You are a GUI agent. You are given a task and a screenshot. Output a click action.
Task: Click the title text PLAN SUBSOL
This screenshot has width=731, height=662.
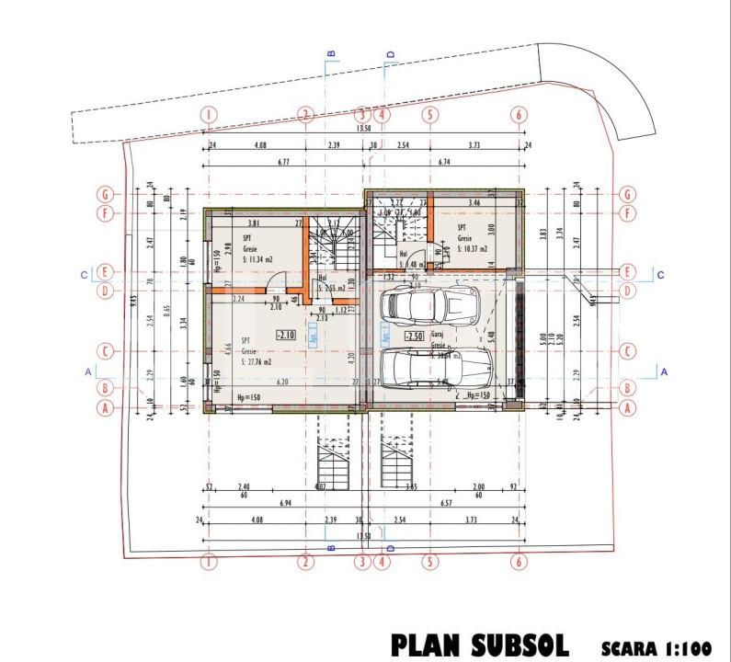[479, 645]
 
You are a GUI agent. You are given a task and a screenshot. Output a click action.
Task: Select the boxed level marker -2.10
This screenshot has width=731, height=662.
[285, 336]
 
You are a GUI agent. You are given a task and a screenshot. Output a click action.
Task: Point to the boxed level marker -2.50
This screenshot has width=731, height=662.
[414, 337]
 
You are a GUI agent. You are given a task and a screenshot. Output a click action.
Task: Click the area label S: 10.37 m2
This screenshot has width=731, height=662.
[474, 248]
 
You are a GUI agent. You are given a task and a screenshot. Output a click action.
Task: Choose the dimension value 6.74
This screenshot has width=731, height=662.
[444, 162]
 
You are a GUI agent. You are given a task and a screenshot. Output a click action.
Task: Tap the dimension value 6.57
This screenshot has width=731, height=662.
[447, 505]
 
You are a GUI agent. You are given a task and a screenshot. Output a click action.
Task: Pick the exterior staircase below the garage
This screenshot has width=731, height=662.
[396, 460]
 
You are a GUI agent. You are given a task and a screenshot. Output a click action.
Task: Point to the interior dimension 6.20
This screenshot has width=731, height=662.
[282, 382]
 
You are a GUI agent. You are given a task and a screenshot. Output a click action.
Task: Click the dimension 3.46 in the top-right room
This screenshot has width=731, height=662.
[474, 201]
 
